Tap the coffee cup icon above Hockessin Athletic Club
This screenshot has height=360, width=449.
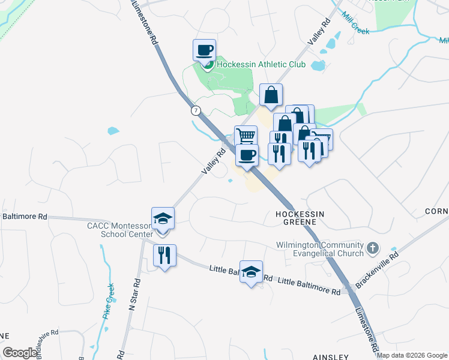pyautogui.click(x=204, y=50)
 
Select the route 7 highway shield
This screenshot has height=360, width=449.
pyautogui.click(x=196, y=111)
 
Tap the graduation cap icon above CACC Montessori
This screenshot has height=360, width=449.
pyautogui.click(x=163, y=218)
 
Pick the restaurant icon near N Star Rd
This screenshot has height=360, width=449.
pyautogui.click(x=163, y=255)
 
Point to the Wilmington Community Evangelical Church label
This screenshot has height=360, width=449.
pyautogui.click(x=320, y=250)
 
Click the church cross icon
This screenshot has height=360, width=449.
pyautogui.click(x=373, y=248)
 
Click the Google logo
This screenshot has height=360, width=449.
pyautogui.click(x=20, y=353)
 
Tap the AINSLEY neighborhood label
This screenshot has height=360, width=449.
pyautogui.click(x=331, y=356)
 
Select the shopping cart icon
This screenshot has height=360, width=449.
pyautogui.click(x=246, y=136)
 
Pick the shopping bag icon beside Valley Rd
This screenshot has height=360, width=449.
pyautogui.click(x=271, y=94)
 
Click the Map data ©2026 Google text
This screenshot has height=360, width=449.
pyautogui.click(x=411, y=355)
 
